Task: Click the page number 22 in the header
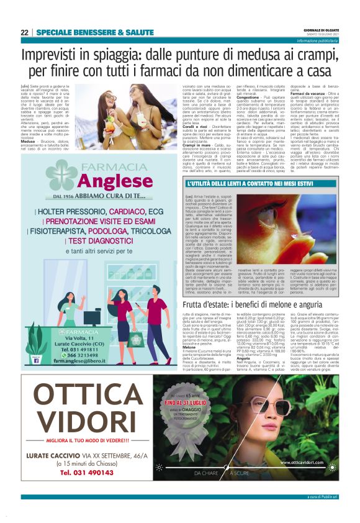point(24,32)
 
